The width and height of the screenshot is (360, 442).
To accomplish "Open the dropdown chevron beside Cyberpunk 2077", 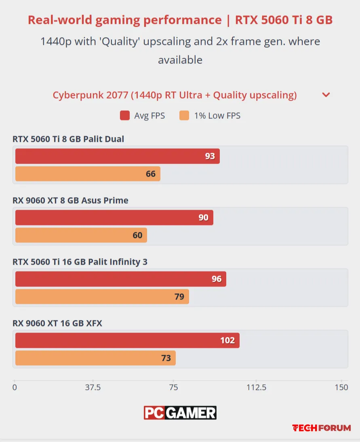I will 326,95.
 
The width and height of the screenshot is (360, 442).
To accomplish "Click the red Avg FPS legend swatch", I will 124,116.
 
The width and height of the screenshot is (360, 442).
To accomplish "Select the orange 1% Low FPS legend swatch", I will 184,116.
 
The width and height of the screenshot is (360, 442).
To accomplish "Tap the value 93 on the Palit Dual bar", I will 210,156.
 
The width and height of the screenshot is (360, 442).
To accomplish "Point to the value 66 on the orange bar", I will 150,174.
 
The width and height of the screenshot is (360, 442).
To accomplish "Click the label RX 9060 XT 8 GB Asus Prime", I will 70,200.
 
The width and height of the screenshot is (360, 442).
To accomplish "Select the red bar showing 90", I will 114,217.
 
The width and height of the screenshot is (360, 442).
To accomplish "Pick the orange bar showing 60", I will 81,235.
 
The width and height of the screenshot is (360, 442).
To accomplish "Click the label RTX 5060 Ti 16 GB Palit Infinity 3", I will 80,262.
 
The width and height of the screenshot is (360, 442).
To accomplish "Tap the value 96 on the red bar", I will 217,279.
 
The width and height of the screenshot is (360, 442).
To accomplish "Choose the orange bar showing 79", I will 102,297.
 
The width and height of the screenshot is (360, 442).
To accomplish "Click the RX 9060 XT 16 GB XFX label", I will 57,323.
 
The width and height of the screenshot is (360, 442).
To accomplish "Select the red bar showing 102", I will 127,340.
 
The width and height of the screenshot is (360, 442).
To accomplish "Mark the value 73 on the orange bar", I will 166,358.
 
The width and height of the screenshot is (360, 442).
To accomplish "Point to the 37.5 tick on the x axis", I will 93,387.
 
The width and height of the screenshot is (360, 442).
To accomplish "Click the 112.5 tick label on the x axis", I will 257,387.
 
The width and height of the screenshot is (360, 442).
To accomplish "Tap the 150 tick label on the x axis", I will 341,387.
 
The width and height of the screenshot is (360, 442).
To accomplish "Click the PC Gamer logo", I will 180,413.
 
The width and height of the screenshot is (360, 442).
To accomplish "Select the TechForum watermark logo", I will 322,428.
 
